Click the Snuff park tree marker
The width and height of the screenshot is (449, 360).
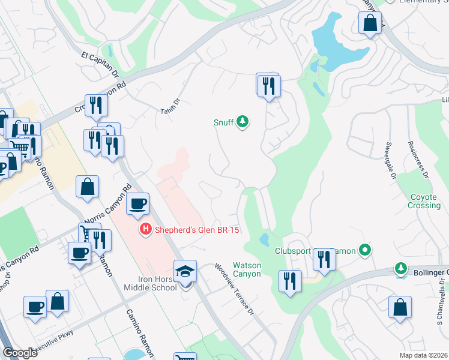pyautogui.click(x=243, y=122)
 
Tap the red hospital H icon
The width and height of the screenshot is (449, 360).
pyautogui.click(x=145, y=229)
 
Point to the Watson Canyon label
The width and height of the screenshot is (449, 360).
pyautogui.click(x=247, y=269)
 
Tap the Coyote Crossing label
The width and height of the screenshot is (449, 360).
pyautogui.click(x=425, y=202)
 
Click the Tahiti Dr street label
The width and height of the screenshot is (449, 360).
pyautogui.click(x=170, y=107)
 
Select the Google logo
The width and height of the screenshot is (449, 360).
pyautogui.click(x=20, y=353)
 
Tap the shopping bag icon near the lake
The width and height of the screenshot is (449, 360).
pyautogui.click(x=370, y=24)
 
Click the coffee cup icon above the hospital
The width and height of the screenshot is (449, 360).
pyautogui.click(x=137, y=204)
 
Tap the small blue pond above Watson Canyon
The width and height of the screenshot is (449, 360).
pyautogui.click(x=264, y=239)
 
